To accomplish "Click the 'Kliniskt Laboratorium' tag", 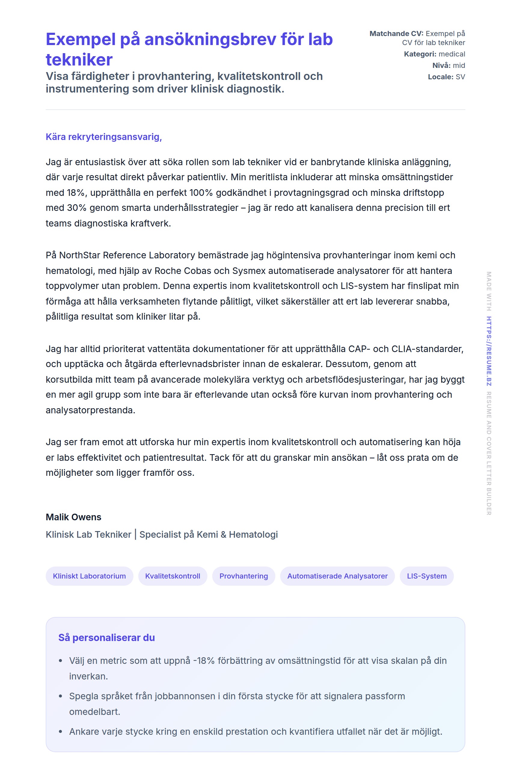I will coord(89,576).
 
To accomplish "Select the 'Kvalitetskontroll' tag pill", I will coord(173,576).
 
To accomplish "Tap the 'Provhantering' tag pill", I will coord(243,576).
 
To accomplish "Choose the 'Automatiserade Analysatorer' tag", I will coord(337,576).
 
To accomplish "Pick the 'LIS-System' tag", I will coord(426,576).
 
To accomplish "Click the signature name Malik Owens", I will coord(73,517).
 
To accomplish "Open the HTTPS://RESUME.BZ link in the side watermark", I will coord(489,351).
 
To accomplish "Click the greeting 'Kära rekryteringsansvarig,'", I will coord(103,137).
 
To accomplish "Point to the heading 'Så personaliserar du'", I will coord(106,638).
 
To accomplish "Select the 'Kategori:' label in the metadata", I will coord(420,54).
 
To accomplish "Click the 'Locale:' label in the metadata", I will coord(440,77).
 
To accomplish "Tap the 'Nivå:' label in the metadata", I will coord(441,65).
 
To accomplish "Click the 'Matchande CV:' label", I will coord(396,33).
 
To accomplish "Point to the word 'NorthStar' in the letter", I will coord(79,255).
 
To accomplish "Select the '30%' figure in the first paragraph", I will coord(77,208).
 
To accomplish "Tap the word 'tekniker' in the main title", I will coord(79,60).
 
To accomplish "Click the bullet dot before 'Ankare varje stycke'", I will coord(60,731).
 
